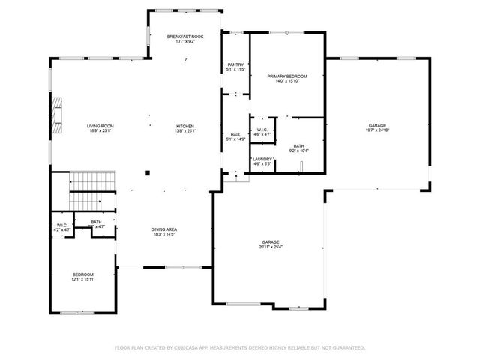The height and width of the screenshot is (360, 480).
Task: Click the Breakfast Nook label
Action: [x=184, y=37]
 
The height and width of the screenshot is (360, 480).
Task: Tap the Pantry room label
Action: [x=235, y=65]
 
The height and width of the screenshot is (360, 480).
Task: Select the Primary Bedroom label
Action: [x=287, y=76]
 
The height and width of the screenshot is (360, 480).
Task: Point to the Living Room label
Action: [x=100, y=125]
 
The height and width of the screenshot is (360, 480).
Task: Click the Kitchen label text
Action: [x=185, y=125]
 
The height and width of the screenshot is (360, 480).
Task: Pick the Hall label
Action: [x=235, y=135]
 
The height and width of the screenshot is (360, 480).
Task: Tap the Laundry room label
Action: [x=262, y=159]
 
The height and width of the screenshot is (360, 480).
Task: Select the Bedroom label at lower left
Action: [x=82, y=274]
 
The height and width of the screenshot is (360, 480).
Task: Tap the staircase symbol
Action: [x=91, y=191]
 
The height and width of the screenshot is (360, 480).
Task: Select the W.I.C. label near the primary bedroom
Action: [x=262, y=130]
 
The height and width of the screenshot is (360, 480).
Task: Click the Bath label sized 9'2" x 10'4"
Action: [x=299, y=146]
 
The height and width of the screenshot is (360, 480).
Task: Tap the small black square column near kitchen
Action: [x=147, y=173]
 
